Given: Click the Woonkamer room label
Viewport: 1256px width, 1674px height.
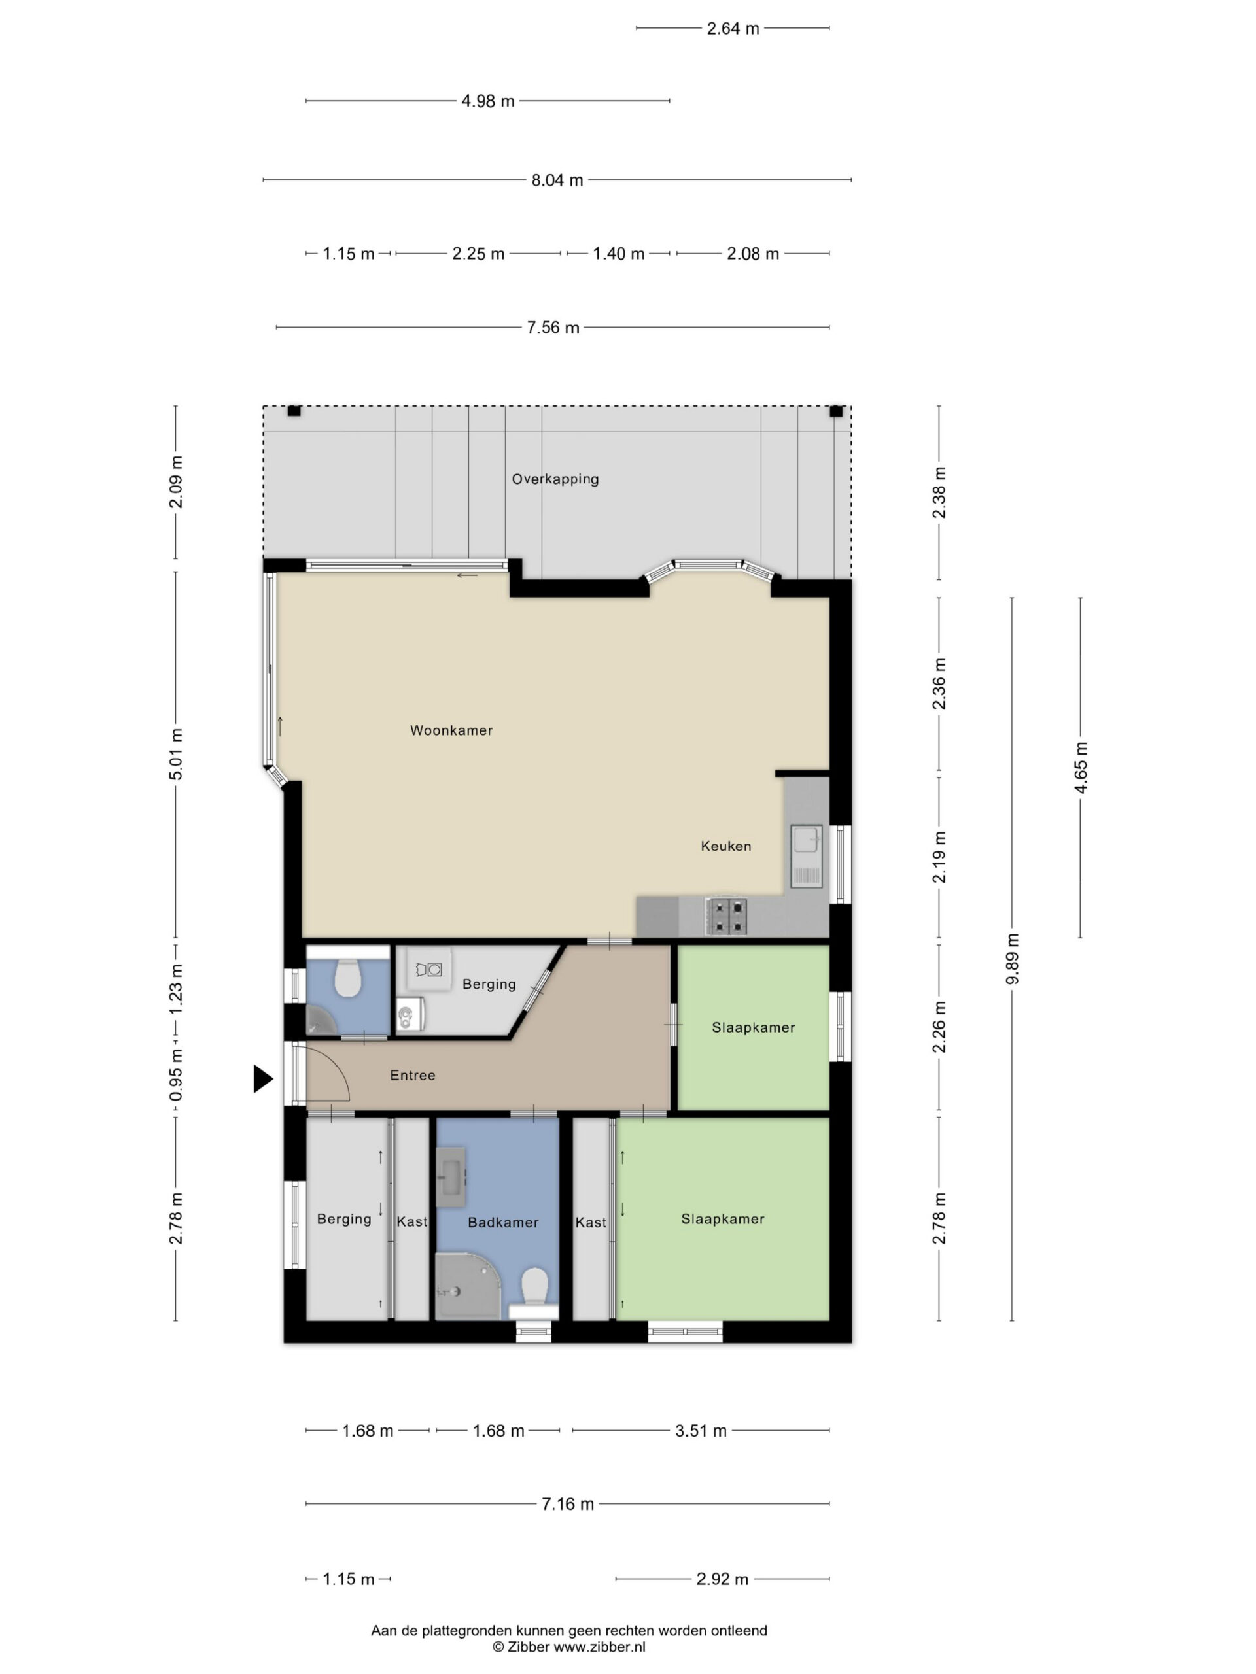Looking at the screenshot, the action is point(451,730).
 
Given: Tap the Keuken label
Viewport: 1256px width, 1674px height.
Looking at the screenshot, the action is point(726,846).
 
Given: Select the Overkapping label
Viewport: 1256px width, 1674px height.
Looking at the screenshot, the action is point(555,479).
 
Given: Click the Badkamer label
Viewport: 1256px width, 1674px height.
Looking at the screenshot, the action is point(502,1222).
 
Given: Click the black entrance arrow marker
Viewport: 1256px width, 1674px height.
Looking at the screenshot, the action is point(262,1078).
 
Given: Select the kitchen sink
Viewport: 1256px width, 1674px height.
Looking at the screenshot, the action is point(805,855).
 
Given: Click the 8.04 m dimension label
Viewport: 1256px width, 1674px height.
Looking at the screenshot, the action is point(557,180).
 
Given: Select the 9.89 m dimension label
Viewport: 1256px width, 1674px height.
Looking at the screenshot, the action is point(1013,959).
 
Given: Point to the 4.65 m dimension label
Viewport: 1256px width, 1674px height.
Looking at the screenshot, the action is point(1081,768).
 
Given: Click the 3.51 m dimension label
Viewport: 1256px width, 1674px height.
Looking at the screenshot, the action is point(701,1430).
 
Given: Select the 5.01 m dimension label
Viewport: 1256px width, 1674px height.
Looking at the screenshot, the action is point(175,754).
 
